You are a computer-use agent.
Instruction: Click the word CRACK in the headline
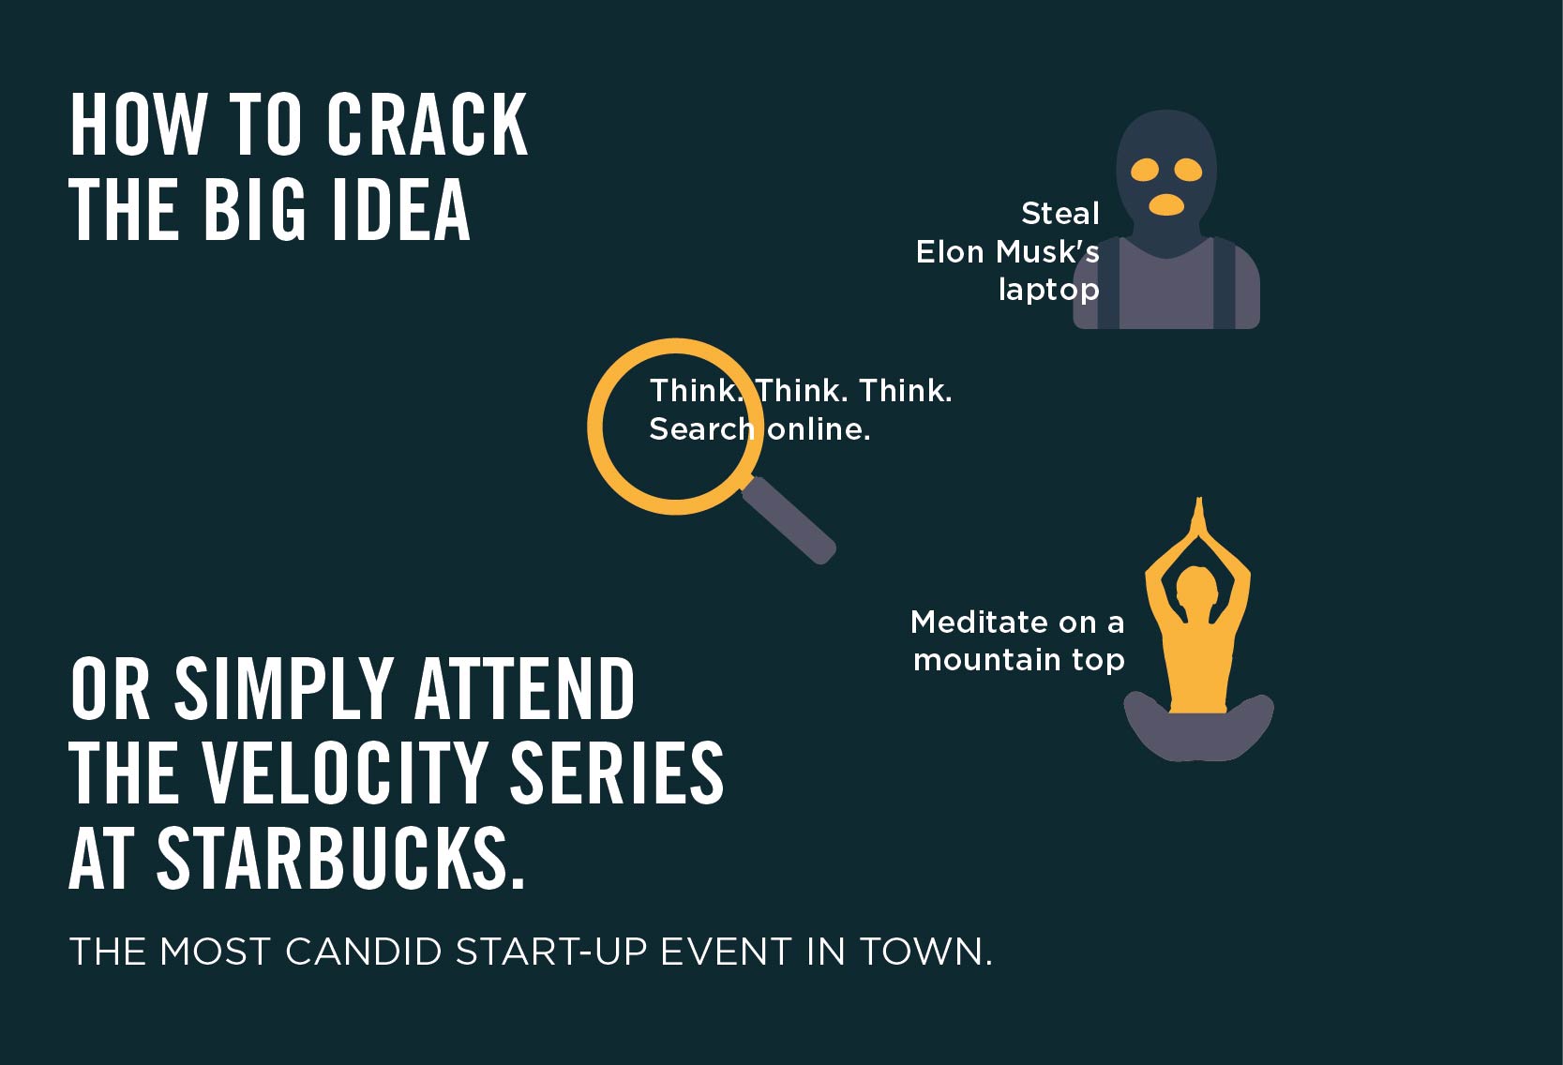[x=427, y=125]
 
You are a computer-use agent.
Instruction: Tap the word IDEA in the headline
[x=401, y=209]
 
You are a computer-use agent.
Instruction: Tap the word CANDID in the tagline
[x=364, y=952]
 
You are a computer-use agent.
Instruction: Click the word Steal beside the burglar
[x=1060, y=213]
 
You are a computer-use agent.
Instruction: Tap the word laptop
[x=1049, y=290]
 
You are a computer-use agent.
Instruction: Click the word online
[x=819, y=428]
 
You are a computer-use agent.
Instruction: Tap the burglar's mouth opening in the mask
[x=1166, y=204]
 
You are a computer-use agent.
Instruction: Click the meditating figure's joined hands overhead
[x=1199, y=520]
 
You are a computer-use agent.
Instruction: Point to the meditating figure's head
[x=1197, y=586]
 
